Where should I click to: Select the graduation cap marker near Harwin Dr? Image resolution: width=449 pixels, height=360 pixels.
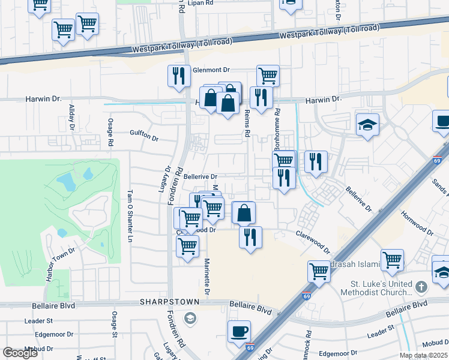point(367,125)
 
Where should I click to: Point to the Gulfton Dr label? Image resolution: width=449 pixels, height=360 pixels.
point(144,138)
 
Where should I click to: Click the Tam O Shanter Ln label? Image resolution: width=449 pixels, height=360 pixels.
point(129,217)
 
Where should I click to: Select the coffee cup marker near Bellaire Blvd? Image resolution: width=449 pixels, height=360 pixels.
point(239,331)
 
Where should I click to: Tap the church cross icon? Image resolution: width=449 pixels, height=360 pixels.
point(421,286)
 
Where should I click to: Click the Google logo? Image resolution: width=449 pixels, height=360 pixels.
point(20,353)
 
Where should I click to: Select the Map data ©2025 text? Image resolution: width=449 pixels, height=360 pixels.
point(423,355)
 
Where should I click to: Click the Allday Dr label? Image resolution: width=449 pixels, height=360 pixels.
point(71,117)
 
